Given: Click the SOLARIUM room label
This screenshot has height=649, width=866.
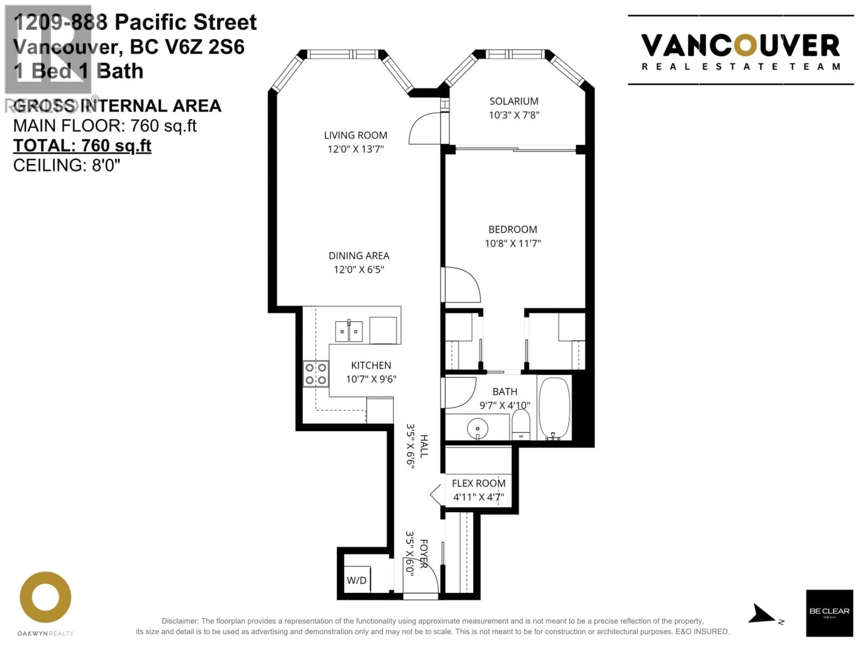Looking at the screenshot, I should [514, 101].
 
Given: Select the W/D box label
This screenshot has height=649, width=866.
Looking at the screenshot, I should [356, 580].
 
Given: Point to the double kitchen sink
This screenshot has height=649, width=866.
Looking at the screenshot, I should [348, 331].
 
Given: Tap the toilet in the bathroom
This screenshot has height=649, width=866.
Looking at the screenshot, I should [521, 425].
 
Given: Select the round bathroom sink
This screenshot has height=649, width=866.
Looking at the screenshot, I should [477, 428].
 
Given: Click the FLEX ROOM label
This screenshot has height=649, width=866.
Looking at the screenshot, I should [478, 483].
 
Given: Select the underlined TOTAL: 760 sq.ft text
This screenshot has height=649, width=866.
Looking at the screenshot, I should [82, 146].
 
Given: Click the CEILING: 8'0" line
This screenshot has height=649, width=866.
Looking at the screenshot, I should [67, 165].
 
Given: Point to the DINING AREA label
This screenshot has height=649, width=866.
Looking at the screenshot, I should [359, 256].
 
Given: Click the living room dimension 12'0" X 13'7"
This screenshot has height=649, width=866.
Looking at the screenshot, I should [355, 149].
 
